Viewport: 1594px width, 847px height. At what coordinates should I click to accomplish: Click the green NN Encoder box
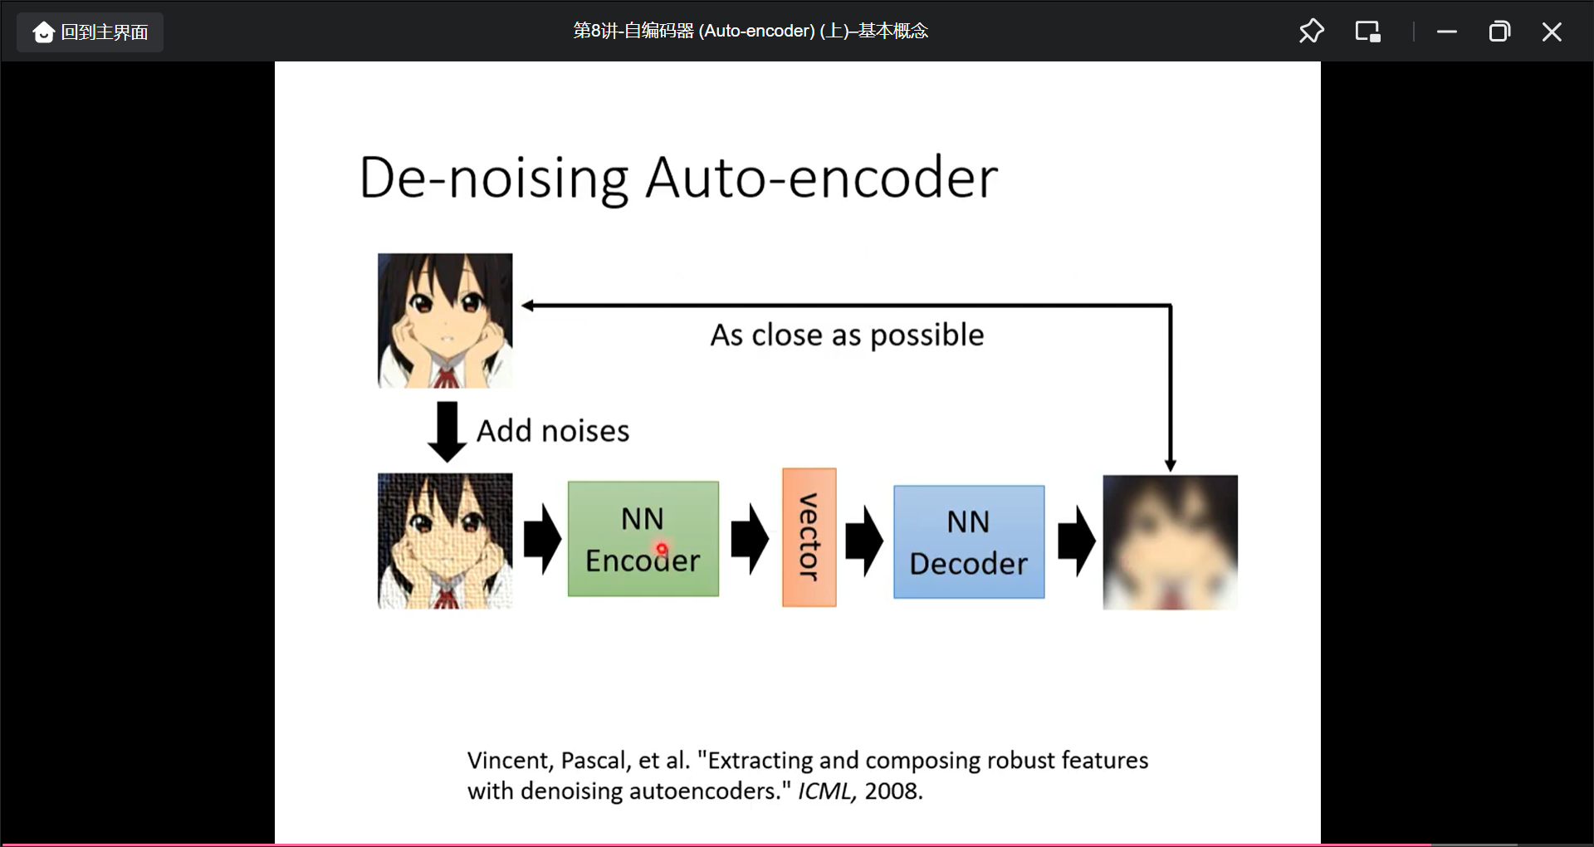[643, 538]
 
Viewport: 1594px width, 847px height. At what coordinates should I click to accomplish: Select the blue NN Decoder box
[968, 541]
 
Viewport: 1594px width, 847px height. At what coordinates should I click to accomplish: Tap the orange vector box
[809, 537]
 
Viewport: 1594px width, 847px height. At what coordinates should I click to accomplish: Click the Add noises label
[553, 431]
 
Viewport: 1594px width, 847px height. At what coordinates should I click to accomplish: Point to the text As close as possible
[847, 335]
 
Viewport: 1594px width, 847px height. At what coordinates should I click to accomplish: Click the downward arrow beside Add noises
[447, 431]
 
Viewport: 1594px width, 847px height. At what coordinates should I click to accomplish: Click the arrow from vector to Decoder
[864, 541]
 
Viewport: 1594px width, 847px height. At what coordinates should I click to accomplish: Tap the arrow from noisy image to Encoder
[542, 539]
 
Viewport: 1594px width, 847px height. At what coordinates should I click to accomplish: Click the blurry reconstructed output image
[1170, 542]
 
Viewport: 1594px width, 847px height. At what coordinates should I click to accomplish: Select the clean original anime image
[445, 321]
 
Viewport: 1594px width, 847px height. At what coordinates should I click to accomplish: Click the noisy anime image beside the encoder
[445, 541]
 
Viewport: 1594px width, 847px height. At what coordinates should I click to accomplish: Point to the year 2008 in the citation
[892, 791]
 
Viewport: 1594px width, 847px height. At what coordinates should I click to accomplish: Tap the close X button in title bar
[1552, 32]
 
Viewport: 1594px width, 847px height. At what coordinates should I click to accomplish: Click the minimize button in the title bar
[1447, 32]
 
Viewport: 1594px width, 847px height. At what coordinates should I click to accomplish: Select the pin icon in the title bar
[1311, 32]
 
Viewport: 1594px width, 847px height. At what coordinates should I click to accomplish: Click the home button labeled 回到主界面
[90, 32]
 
